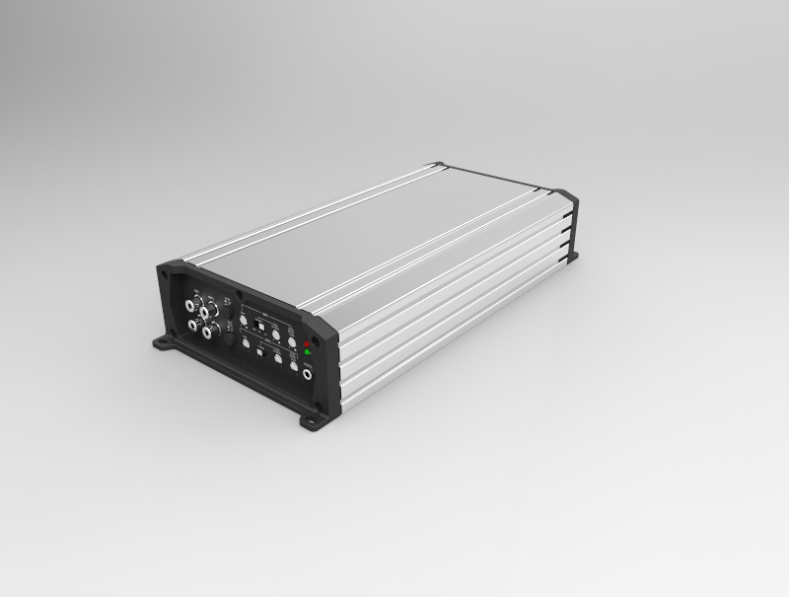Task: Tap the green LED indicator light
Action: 308,352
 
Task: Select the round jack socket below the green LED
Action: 308,373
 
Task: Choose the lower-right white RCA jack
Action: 208,332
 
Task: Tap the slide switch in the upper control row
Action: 260,327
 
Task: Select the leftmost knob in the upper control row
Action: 244,321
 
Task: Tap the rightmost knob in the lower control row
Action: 293,365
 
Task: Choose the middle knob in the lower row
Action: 278,359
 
